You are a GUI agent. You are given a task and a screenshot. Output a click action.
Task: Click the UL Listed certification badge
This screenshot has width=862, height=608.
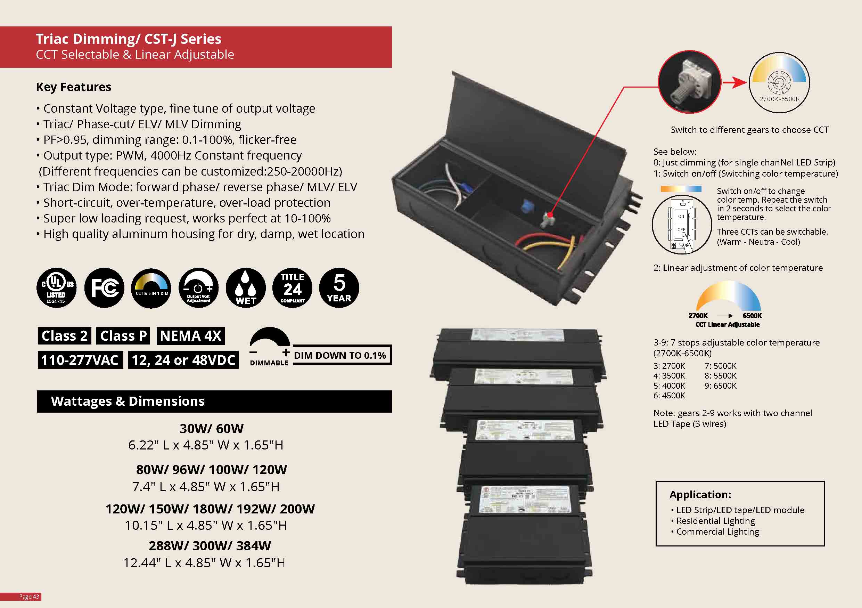click(56, 288)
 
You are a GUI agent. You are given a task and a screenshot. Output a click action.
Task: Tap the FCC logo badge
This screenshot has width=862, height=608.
click(104, 288)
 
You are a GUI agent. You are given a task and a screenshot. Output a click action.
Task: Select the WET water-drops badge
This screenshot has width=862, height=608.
click(246, 288)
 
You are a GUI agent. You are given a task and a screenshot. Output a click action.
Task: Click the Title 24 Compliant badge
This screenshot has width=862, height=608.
click(293, 288)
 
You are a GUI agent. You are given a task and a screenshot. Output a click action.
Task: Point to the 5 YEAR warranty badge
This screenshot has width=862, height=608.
click(339, 288)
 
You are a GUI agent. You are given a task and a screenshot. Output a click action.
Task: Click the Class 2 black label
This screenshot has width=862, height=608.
click(64, 336)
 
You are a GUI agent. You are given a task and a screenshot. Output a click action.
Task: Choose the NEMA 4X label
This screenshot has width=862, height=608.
click(190, 336)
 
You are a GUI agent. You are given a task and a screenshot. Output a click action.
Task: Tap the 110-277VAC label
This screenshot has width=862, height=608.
click(80, 360)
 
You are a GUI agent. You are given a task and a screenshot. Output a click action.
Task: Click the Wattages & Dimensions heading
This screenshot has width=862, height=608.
click(128, 401)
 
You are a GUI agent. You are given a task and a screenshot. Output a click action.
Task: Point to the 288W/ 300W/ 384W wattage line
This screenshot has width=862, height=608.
click(210, 545)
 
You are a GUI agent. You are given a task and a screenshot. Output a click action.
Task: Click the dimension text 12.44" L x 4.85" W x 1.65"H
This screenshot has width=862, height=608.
click(204, 562)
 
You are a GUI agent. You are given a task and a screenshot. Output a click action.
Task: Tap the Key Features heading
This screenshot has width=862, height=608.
click(74, 87)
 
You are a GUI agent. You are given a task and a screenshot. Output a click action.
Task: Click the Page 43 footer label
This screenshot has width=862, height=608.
click(29, 597)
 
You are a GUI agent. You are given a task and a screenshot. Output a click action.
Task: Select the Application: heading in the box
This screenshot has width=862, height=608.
click(700, 494)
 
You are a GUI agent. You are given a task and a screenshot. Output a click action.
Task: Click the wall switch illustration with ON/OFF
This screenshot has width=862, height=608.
click(681, 225)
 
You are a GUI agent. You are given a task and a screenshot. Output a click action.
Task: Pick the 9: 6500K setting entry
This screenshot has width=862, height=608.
click(721, 386)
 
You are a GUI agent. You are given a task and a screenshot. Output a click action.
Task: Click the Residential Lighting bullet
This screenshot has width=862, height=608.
click(715, 521)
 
